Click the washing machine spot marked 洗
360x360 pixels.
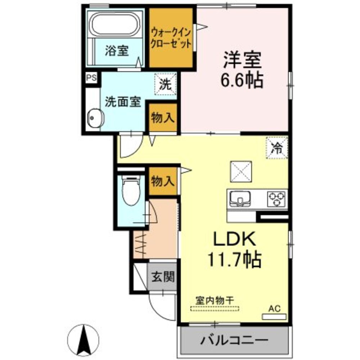[x=165, y=85]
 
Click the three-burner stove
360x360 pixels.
[x=276, y=198]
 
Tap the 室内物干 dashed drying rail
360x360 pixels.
[x=215, y=308]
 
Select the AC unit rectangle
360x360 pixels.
[x=274, y=316]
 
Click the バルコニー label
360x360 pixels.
[x=234, y=340]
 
